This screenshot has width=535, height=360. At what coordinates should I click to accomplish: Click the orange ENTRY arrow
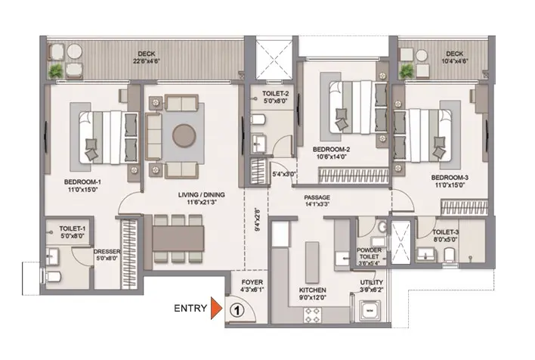(216, 308)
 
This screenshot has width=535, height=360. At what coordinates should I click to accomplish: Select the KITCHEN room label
(313, 290)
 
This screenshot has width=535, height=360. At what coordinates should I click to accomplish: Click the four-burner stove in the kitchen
(313, 315)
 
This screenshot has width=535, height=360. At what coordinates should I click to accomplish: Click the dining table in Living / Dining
(178, 238)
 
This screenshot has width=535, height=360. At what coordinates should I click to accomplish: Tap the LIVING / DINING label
(202, 194)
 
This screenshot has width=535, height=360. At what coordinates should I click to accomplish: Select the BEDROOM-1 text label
(82, 182)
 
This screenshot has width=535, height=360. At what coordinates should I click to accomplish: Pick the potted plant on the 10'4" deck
(407, 71)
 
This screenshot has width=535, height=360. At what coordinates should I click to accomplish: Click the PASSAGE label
(317, 197)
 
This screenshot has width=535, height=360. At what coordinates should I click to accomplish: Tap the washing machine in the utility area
(370, 311)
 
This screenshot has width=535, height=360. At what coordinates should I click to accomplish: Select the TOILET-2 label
(276, 94)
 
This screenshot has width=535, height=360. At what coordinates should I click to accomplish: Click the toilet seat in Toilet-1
(52, 276)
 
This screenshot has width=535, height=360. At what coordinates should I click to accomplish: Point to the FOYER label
(252, 282)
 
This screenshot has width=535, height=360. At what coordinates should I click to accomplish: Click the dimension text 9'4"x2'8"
(258, 219)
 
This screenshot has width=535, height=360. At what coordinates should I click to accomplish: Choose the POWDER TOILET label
(370, 253)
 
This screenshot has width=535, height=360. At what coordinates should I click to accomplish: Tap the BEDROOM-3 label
(450, 178)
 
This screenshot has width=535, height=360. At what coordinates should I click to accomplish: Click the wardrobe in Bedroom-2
(354, 175)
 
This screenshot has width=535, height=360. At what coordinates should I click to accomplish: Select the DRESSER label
(107, 252)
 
